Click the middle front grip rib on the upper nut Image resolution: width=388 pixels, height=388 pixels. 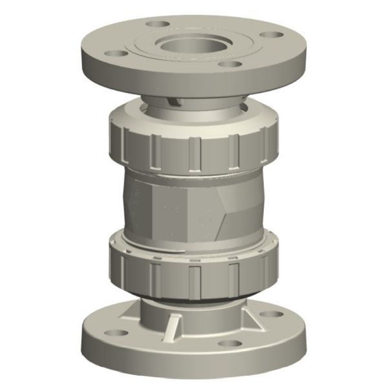tap(195, 153)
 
